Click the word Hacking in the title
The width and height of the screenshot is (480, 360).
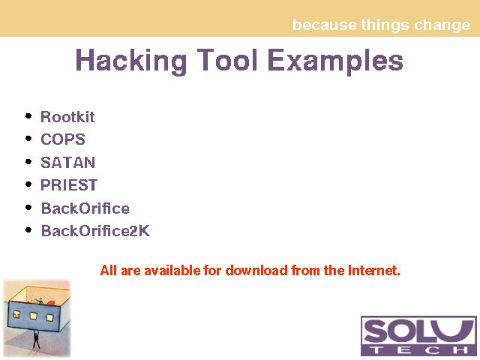131,61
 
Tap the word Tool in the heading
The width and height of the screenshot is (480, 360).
227,60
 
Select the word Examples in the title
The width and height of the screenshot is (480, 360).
335,61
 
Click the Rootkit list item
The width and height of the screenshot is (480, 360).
67,117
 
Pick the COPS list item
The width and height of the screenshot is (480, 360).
63,139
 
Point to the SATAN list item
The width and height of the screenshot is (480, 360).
68,162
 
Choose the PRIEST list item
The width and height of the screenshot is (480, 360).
69,185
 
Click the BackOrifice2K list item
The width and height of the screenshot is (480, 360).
95,231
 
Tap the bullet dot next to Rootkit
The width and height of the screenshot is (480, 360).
28,116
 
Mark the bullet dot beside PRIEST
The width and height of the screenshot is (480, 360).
28,184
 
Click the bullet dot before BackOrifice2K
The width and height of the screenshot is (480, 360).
28,230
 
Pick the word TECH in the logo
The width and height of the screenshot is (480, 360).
418,349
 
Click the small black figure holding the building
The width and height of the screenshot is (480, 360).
36,340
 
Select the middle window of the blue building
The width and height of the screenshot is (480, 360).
33,316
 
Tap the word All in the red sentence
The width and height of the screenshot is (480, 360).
108,270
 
